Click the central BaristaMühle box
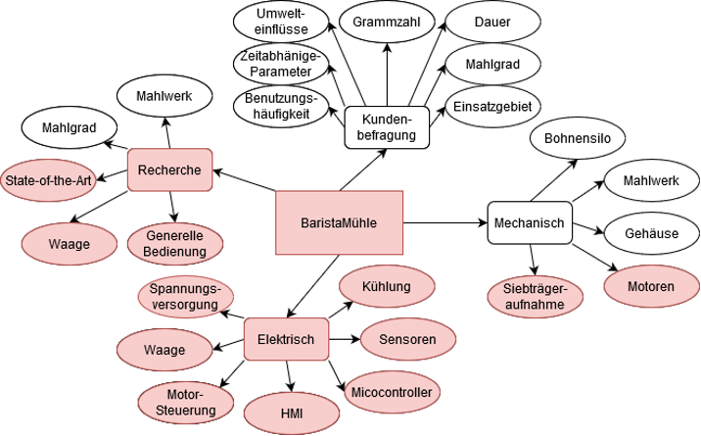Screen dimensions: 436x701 coord(338,222)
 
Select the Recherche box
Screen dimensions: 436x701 coord(170,170)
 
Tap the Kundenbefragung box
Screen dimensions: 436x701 coord(387,126)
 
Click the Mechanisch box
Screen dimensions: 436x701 coord(528,224)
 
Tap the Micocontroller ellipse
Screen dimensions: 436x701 coord(391,393)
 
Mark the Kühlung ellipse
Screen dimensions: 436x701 coord(386,287)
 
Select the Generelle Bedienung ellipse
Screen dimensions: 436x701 coord(177,244)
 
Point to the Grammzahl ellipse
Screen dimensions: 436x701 coord(386,21)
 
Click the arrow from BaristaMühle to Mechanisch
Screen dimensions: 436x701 coord(445,223)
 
